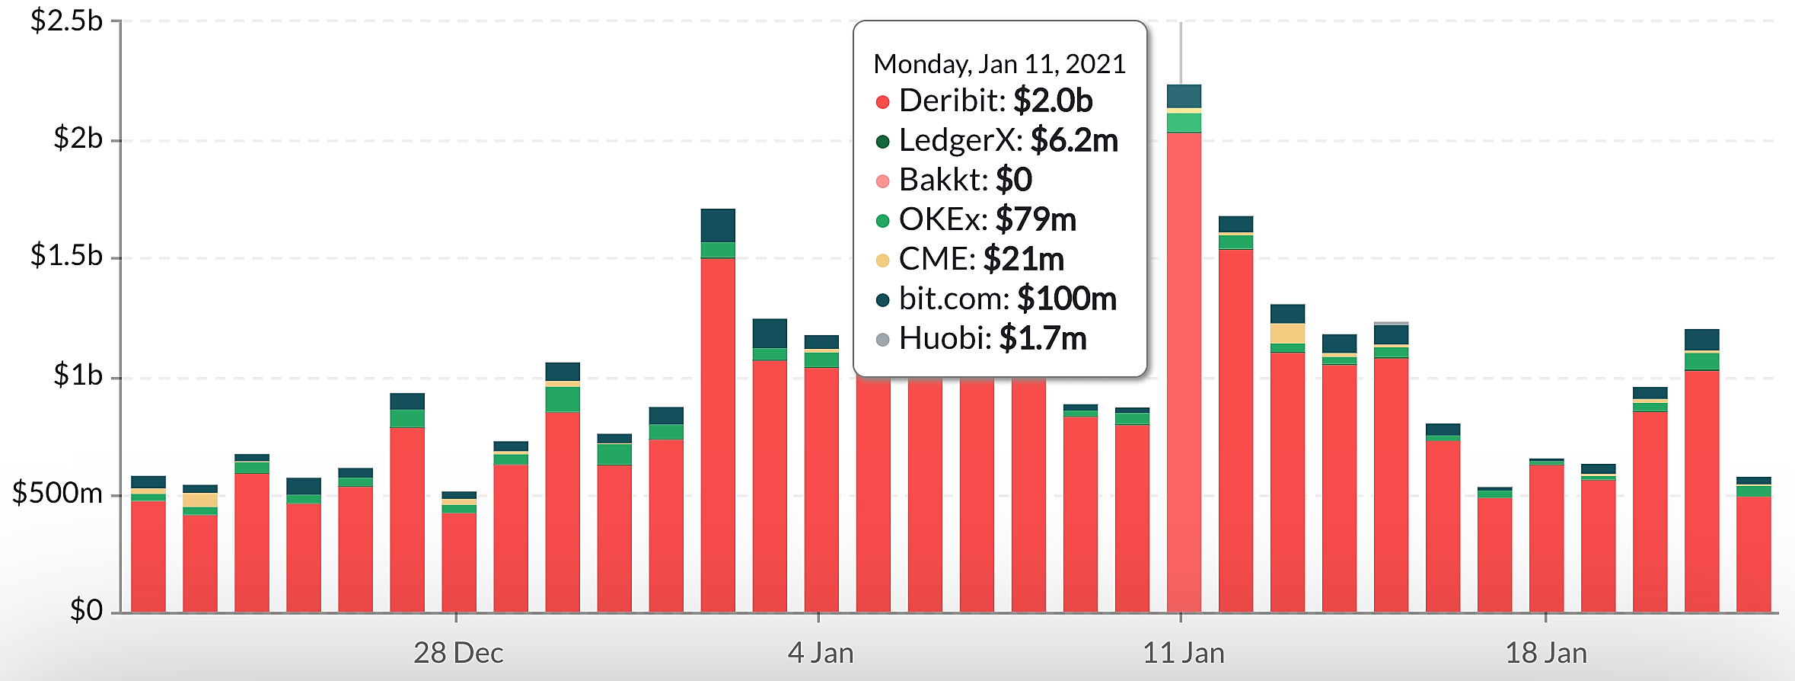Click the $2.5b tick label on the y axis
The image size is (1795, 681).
coord(66,21)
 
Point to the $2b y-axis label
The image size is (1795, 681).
coord(78,139)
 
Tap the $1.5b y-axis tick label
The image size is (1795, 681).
coord(66,256)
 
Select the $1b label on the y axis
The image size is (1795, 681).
coord(78,376)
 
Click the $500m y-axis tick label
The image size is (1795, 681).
coord(57,494)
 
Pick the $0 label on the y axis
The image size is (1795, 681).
coord(86,610)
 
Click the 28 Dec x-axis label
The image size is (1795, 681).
coord(458,653)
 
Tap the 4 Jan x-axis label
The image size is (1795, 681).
coord(821,653)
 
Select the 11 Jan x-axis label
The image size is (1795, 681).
coord(1184,653)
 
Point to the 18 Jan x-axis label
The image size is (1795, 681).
coord(1546,653)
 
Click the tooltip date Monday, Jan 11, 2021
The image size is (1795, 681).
coord(1000,64)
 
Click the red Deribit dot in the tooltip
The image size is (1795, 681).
coord(883,102)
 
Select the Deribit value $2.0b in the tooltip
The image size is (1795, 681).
coord(1053,101)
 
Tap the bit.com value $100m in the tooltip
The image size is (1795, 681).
coord(1066,299)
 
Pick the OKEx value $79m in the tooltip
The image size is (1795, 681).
coord(1036,219)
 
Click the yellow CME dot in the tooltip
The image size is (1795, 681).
coord(883,261)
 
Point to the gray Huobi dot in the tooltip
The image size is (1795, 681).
coord(883,340)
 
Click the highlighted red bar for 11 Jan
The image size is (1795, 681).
coord(1184,372)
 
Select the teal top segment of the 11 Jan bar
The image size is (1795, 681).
coord(1184,96)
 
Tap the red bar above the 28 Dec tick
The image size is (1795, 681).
coord(459,562)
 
